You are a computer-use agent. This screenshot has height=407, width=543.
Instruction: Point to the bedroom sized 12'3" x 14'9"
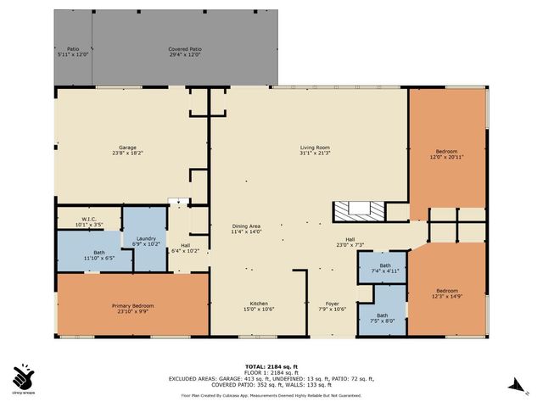(x=447, y=293)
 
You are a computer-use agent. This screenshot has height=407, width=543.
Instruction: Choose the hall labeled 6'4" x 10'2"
(x=185, y=248)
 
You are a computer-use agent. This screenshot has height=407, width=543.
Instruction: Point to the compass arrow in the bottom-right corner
(x=512, y=386)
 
